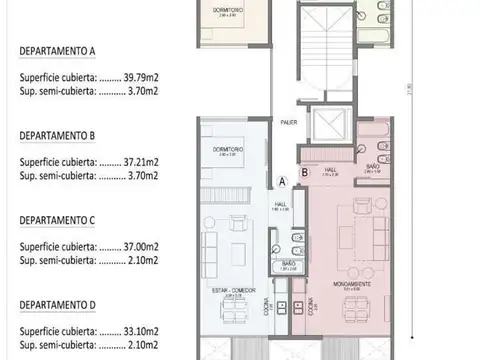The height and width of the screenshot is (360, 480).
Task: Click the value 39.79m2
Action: coord(145,76)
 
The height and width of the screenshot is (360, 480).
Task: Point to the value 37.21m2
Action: coord(145,159)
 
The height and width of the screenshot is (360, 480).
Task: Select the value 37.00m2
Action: coord(145,242)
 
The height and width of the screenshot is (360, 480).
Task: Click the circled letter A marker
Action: coord(283,181)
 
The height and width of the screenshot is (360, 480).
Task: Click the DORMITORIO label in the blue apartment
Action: coord(229,150)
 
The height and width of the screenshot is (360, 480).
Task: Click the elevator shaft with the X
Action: coord(327,125)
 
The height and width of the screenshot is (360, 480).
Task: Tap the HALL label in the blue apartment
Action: coord(281,204)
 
